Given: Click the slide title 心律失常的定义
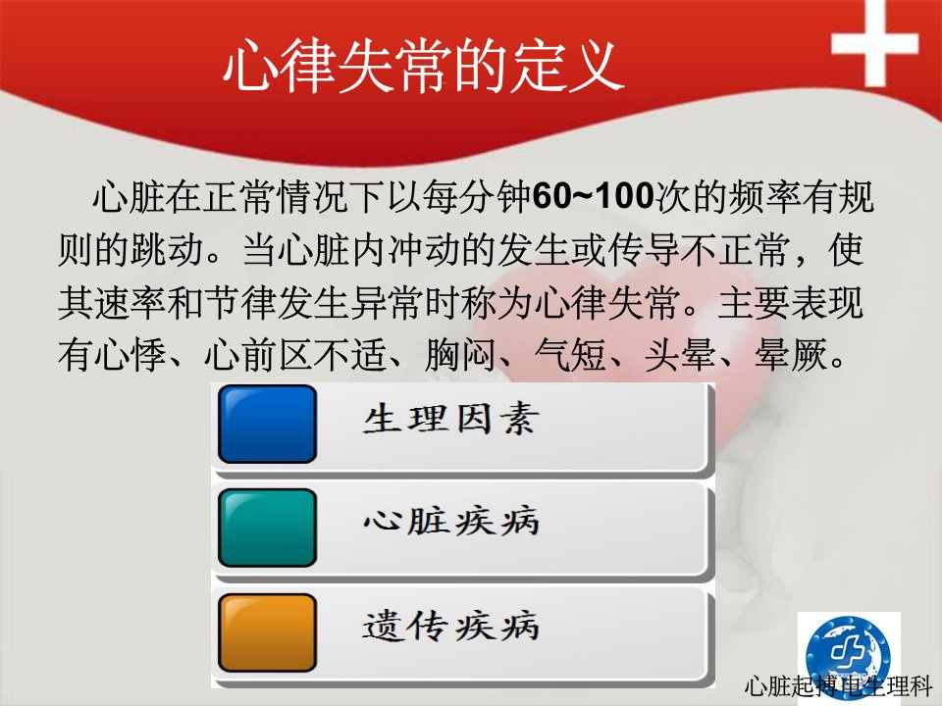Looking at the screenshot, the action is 424,66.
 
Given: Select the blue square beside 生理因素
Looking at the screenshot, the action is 267,424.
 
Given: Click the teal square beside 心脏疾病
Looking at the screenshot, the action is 267,528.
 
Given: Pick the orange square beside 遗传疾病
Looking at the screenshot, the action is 267,632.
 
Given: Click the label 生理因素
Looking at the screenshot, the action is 450,419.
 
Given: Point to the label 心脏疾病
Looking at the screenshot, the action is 450,520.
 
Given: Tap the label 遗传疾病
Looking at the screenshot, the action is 450,626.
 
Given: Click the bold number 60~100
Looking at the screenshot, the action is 593,196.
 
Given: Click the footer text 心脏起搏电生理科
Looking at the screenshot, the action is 837,686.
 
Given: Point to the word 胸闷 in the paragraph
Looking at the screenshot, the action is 460,354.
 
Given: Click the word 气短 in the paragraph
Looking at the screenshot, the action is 570,354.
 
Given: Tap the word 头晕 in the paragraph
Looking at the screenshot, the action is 680,354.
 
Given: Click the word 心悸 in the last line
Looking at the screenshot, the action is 130,354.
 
